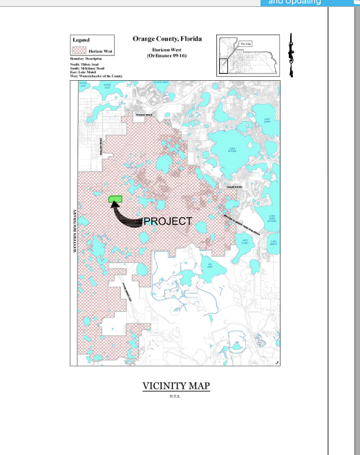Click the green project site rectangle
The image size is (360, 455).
[115, 199]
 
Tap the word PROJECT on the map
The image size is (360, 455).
[167, 221]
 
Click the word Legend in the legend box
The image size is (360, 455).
[81, 40]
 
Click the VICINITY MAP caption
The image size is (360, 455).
[176, 386]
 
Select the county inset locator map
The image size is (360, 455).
[248, 55]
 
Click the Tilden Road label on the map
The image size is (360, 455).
[143, 114]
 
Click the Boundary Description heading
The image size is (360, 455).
[86, 59]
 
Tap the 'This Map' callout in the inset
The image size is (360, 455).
[245, 44]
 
